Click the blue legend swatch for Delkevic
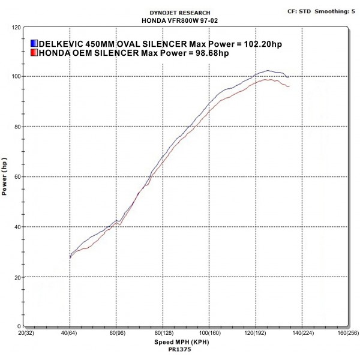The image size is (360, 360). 34,44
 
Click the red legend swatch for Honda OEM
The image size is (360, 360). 34,53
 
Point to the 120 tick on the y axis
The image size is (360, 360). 16,28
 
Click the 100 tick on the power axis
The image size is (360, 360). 16,77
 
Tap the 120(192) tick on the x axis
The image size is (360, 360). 254,332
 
